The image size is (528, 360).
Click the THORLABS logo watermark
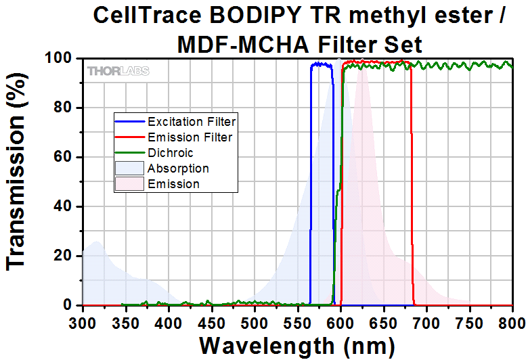pyautogui.click(x=118, y=71)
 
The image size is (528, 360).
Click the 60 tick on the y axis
pyautogui.click(x=66, y=158)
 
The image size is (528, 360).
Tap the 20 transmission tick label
pyautogui.click(x=66, y=256)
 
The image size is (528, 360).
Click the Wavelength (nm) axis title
pyautogui.click(x=297, y=345)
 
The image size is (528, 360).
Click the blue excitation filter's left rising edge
pyautogui.click(x=310, y=183)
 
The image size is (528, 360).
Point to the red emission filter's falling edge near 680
pyautogui.click(x=412, y=183)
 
